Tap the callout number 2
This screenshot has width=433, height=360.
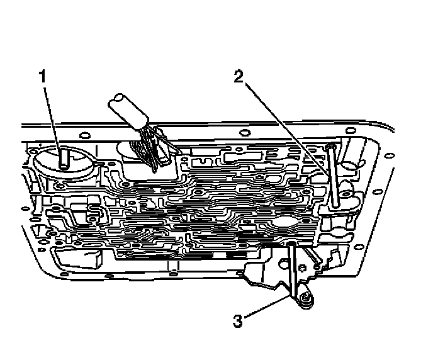point(239,77)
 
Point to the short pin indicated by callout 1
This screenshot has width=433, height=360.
point(64,158)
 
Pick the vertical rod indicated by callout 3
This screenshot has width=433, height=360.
point(293,271)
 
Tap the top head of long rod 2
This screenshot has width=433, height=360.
point(330,147)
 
